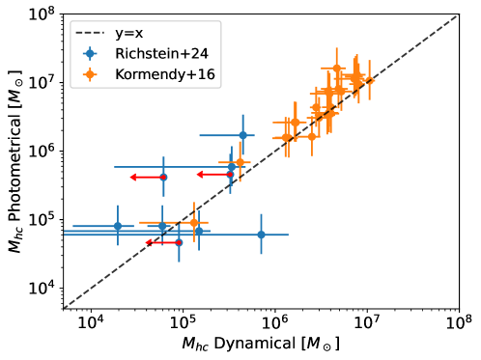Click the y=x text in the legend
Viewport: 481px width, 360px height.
pyautogui.click(x=128, y=33)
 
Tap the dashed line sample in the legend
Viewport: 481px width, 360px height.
pyautogui.click(x=90, y=33)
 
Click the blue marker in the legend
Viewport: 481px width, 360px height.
pyautogui.click(x=90, y=53)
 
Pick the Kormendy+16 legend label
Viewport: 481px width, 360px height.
pyautogui.click(x=164, y=74)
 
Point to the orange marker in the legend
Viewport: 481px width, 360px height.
pyautogui.click(x=90, y=74)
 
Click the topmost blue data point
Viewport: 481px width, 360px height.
pyautogui.click(x=242, y=135)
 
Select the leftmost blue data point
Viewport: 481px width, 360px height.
pyautogui.click(x=118, y=226)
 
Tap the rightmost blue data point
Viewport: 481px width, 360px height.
pyautogui.click(x=261, y=235)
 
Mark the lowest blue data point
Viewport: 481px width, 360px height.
pyautogui.click(x=179, y=242)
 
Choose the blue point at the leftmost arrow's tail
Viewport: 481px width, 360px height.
pyautogui.click(x=163, y=178)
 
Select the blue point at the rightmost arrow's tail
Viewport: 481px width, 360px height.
pyautogui.click(x=230, y=175)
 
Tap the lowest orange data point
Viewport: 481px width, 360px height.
pyautogui.click(x=194, y=222)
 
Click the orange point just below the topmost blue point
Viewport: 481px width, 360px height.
pyautogui.click(x=240, y=162)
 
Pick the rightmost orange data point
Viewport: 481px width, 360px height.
pyautogui.click(x=367, y=81)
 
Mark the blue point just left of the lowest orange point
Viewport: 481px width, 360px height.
pyautogui.click(x=162, y=226)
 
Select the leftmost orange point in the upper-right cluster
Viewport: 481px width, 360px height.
pyautogui.click(x=285, y=137)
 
